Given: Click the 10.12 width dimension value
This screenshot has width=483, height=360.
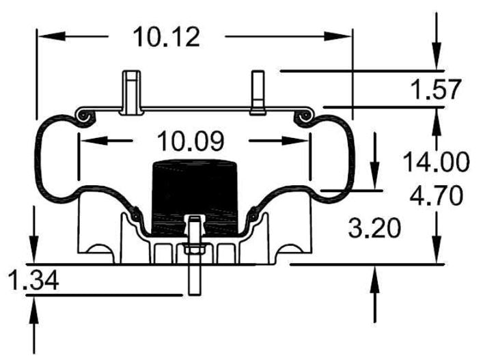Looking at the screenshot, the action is [166, 37].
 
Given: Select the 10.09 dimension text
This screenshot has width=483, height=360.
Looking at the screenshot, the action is [191, 141].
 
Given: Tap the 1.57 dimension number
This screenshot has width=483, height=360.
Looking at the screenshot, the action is [436, 89].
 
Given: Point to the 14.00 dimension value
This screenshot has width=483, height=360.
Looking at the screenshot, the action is [436, 162].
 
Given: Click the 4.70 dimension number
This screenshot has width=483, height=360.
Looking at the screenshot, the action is [436, 195].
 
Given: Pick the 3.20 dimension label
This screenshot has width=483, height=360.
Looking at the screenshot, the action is [374, 228].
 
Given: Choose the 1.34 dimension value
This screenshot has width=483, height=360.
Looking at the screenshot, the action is [34, 280].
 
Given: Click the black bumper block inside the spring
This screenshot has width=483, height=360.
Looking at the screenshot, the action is [195, 197].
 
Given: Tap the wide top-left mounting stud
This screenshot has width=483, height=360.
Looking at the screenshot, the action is [132, 92].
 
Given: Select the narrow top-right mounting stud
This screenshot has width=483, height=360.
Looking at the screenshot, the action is [258, 92].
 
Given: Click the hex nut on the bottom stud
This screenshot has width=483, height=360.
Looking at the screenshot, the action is [195, 248].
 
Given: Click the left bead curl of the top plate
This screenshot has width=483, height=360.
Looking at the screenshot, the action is [84, 116].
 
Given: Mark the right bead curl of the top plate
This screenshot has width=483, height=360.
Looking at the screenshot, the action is [304, 116].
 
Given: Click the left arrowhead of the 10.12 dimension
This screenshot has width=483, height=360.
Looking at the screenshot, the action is [51, 36].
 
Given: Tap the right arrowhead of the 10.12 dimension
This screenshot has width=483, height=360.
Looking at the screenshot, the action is [337, 36].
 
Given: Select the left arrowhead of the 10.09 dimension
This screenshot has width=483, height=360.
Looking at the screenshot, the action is [94, 141].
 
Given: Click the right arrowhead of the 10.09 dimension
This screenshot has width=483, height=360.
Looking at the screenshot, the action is [295, 141].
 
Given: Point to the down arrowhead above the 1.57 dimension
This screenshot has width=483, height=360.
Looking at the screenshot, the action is [437, 56].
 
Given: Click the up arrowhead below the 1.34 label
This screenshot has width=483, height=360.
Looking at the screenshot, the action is [34, 310].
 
